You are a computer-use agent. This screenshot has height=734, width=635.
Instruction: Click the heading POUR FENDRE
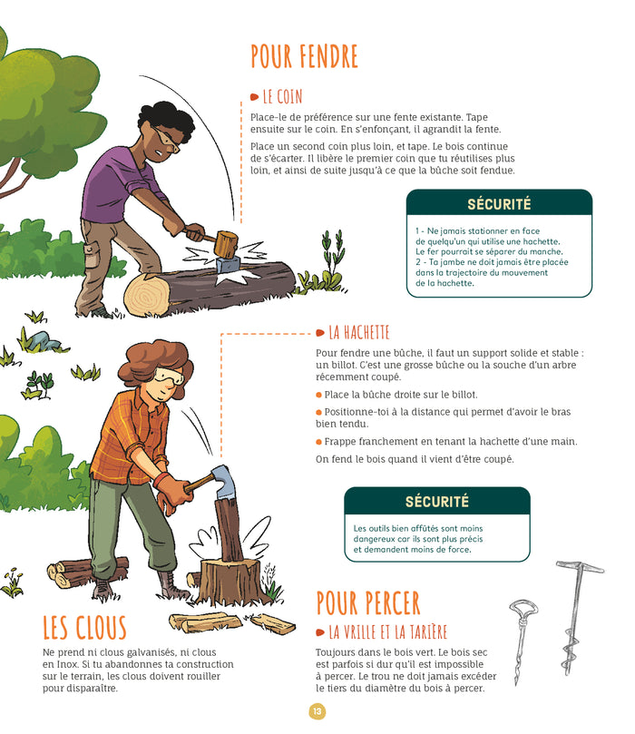click(x=304, y=56)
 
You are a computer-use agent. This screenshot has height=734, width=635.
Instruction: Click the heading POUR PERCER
click(x=368, y=602)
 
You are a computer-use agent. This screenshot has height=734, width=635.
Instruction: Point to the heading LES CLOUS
click(x=85, y=628)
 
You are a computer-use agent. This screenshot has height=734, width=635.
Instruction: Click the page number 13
click(x=317, y=711)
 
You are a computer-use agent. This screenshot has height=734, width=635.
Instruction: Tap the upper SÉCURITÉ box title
click(x=499, y=204)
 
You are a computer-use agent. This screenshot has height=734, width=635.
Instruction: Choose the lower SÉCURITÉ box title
click(x=436, y=501)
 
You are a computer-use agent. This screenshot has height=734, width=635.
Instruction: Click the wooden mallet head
click(x=225, y=243)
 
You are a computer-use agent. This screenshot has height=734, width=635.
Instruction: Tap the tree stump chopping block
click(x=228, y=581)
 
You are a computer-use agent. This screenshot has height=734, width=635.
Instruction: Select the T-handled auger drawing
click(x=573, y=617)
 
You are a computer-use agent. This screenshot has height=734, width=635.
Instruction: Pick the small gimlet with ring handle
click(x=525, y=635)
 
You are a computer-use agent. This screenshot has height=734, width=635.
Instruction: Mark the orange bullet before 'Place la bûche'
click(x=319, y=395)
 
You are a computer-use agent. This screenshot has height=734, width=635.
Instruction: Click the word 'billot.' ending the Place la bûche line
click(x=461, y=395)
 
